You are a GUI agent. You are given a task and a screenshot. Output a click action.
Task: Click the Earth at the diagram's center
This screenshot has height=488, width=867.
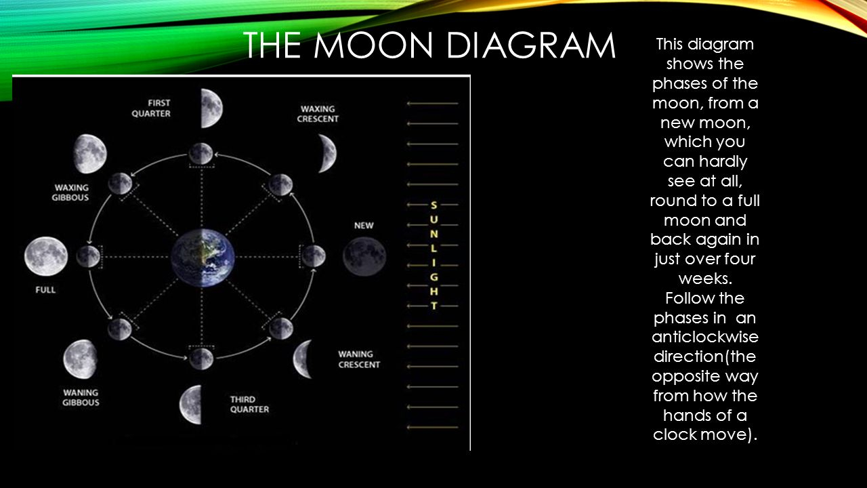pyautogui.click(x=203, y=257)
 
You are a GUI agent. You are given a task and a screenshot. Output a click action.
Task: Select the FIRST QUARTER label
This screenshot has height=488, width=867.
pyautogui.click(x=151, y=108)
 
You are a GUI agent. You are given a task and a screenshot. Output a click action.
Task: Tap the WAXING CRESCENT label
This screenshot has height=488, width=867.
pyautogui.click(x=318, y=114)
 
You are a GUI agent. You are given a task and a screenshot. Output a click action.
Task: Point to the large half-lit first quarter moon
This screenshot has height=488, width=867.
pyautogui.click(x=211, y=108)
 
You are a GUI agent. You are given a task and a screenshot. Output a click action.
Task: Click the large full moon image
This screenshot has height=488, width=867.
pyautogui.click(x=46, y=256)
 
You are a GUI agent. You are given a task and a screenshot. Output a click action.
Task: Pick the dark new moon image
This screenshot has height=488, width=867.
pyautogui.click(x=364, y=257)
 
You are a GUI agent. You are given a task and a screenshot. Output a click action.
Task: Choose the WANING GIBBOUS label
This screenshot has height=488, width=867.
pyautogui.click(x=81, y=398)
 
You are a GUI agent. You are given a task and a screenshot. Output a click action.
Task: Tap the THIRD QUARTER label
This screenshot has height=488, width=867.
pyautogui.click(x=250, y=405)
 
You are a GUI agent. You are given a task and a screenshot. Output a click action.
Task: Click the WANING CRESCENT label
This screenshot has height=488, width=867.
pyautogui.click(x=359, y=359)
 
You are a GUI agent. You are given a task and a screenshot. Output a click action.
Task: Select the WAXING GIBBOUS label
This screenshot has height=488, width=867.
pyautogui.click(x=70, y=192)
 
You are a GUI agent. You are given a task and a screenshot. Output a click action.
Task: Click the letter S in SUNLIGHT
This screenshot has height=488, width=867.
pyautogui.click(x=434, y=205)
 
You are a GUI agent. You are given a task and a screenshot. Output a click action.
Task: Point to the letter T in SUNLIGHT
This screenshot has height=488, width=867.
pyautogui.click(x=434, y=306)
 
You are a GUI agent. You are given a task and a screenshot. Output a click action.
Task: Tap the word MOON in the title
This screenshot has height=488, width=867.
pyautogui.click(x=373, y=45)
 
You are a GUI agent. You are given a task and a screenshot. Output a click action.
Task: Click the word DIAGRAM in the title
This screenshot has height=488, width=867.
pyautogui.click(x=531, y=45)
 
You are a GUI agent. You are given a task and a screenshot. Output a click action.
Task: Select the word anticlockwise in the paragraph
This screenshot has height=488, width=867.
pyautogui.click(x=705, y=337)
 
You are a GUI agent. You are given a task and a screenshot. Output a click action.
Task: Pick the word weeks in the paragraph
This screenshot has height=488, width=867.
pyautogui.click(x=705, y=279)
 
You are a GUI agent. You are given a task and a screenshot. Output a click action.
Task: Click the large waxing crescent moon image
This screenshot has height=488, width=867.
pyautogui.click(x=328, y=153)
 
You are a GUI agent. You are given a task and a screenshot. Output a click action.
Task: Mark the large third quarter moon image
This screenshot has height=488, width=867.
pyautogui.click(x=190, y=405)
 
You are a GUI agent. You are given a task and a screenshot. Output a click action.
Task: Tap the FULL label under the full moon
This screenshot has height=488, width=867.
pyautogui.click(x=45, y=289)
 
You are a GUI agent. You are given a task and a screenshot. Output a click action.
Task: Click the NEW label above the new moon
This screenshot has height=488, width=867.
pyautogui.click(x=364, y=226)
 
